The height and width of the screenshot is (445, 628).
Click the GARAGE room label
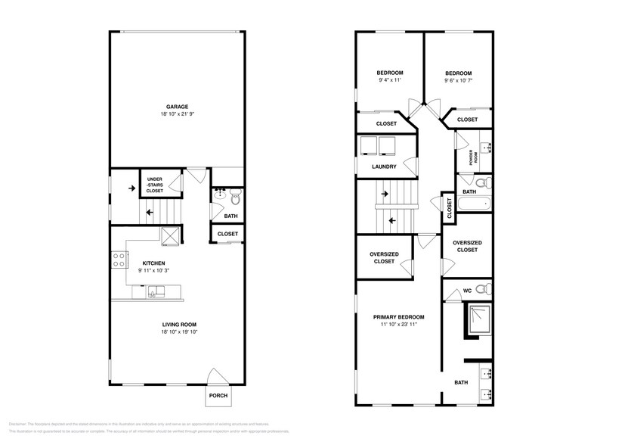178,107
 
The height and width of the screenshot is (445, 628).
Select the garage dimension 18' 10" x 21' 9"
178,114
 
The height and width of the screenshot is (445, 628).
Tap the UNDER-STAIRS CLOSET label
154,185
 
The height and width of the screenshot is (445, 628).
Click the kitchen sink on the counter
156,291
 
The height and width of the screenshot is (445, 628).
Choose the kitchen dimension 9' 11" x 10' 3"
154,270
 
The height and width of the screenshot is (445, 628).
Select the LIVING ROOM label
178,325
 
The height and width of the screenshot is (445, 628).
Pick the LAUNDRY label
384,166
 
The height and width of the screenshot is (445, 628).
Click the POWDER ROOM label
471,157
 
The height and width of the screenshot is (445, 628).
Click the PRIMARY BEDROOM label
398,316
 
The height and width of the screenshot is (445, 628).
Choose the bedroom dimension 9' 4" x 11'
389,79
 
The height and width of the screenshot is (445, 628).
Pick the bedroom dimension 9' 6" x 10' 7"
457,79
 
